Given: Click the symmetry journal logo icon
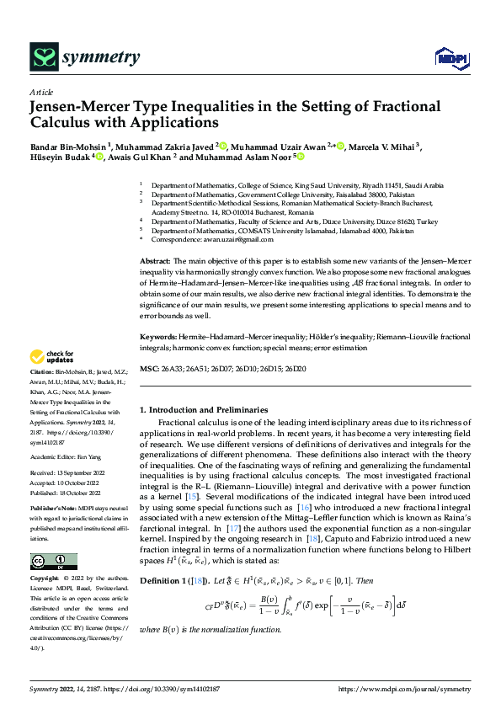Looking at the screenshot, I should click(x=44, y=57).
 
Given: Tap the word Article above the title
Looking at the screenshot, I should click(x=41, y=92).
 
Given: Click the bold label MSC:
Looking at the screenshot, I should click(x=149, y=369).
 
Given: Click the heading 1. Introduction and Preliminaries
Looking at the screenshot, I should click(x=204, y=409).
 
